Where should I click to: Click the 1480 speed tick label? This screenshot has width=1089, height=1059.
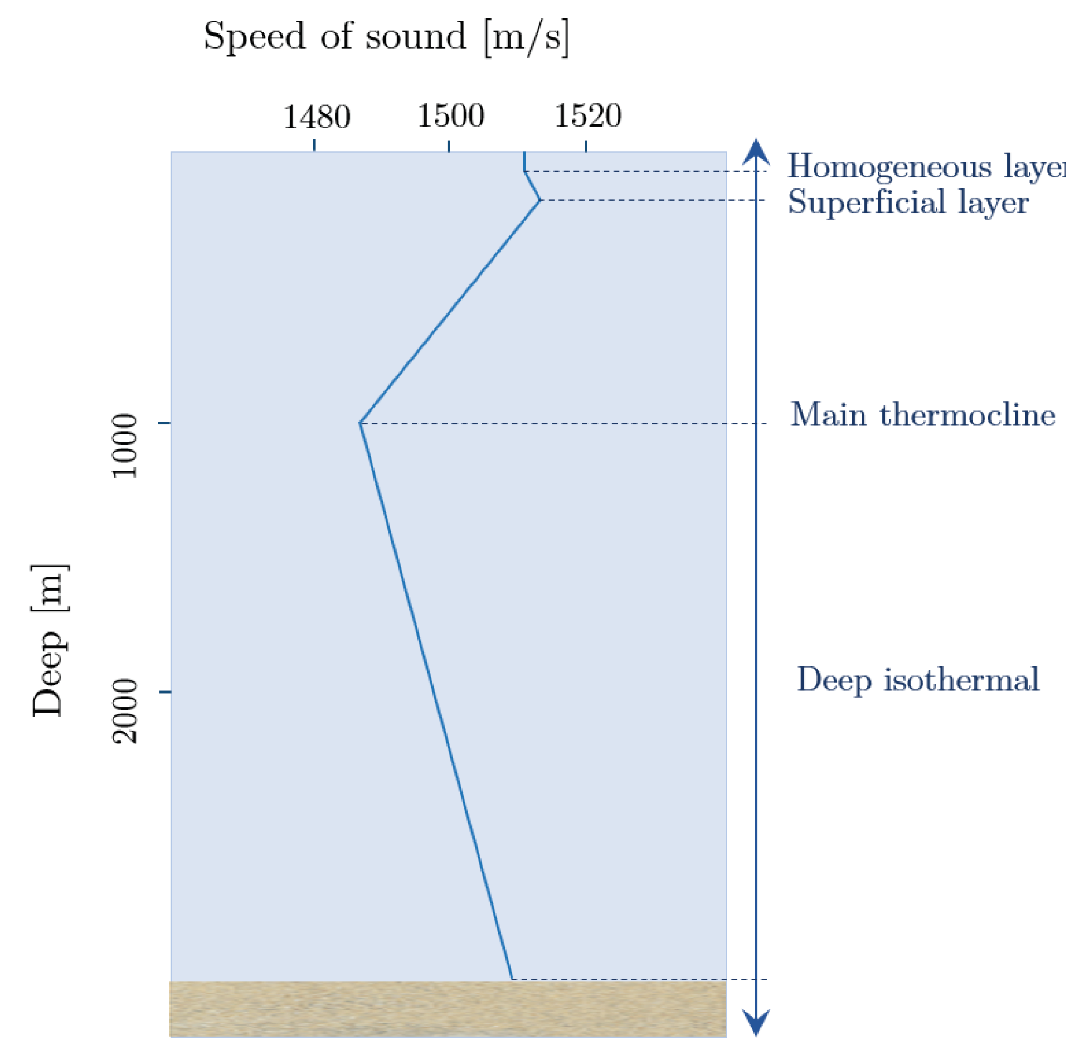pos(317,117)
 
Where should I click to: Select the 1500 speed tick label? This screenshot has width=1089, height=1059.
pos(451,116)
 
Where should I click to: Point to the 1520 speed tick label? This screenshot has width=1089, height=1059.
pos(588,116)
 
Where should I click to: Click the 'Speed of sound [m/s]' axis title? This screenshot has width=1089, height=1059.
pos(386,37)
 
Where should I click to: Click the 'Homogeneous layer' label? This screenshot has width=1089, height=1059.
pos(925,166)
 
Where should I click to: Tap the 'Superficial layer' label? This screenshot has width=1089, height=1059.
pos(907,201)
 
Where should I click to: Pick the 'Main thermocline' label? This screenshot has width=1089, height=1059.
pos(922,415)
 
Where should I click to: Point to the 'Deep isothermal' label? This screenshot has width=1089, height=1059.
pos(918,679)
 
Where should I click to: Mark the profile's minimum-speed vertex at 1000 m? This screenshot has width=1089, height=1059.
pos(361,423)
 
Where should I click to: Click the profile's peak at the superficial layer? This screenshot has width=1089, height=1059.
pos(539,200)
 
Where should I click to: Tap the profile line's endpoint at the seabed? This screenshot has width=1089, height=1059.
pos(512,979)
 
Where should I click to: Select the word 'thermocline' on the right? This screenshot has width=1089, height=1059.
pos(968,415)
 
